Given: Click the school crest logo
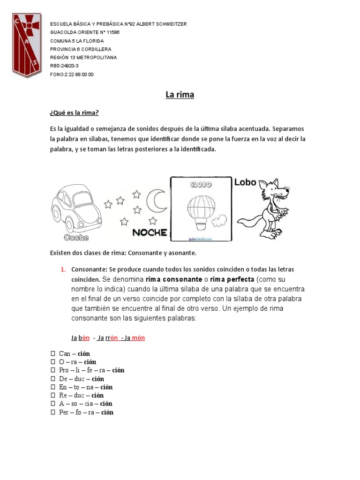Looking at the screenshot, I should [x=27, y=45].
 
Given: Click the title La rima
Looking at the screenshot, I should [x=180, y=95].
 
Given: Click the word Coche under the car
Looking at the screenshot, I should [x=76, y=237].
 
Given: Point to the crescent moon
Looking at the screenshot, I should [x=156, y=200].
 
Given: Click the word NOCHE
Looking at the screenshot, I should [x=150, y=232].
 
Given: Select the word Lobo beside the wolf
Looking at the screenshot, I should [x=245, y=182].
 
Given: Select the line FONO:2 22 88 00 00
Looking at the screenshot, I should [x=72, y=74].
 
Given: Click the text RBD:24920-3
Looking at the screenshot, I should [x=64, y=66].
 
